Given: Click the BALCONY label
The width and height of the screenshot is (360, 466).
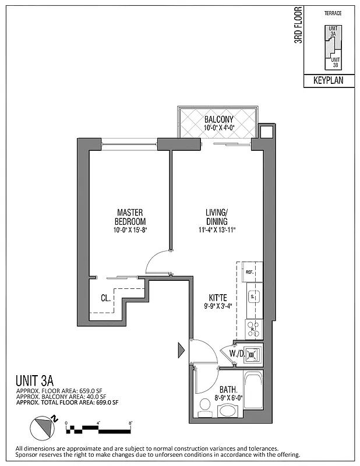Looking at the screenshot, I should (x=218, y=119).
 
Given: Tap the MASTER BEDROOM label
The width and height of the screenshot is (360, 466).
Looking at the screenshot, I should (x=130, y=217).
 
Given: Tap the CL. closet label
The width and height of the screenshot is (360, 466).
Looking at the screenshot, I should (x=105, y=298).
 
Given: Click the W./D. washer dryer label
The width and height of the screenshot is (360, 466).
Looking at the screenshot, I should (x=237, y=353).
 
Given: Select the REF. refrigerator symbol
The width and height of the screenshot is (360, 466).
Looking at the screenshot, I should (x=249, y=272).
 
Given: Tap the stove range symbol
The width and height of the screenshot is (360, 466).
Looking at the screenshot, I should (x=253, y=327).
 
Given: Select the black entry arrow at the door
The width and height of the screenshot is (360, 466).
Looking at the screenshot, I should (x=181, y=351).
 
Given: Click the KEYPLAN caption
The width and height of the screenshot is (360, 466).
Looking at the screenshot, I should (x=329, y=82).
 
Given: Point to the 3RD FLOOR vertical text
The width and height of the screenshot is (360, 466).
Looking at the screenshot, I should (x=298, y=25).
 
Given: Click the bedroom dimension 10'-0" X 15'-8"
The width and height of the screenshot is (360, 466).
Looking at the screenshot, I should (x=130, y=230).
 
